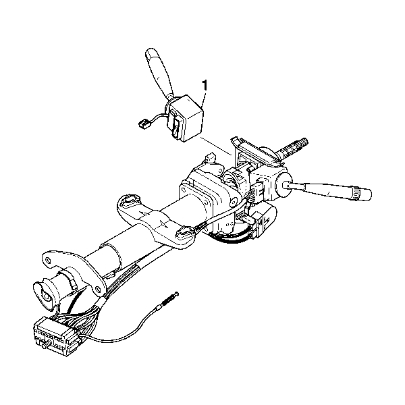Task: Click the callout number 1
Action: (205, 85)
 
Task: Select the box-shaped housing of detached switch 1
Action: (186, 118)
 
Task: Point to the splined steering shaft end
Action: (294, 148)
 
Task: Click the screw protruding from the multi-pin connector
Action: (46, 346)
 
